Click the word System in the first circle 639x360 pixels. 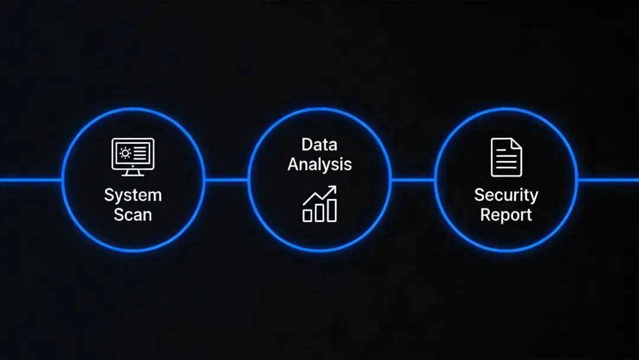(x=133, y=195)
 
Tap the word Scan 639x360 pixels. (x=133, y=214)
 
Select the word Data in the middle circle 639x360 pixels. (x=319, y=144)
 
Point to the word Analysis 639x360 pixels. (x=319, y=164)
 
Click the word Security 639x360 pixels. (x=506, y=195)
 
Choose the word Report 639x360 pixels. (x=506, y=214)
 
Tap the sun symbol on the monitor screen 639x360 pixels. (x=125, y=153)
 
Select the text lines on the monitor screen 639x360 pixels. (x=140, y=153)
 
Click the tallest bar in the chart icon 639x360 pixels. (x=332, y=210)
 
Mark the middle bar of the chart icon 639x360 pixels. (x=319, y=213)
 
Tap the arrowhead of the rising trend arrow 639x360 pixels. (x=333, y=189)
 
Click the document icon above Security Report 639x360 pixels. (x=506, y=157)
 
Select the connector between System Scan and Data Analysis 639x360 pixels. (x=226, y=179)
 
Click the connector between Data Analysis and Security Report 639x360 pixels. (x=412, y=179)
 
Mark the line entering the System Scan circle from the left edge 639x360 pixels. (x=30, y=179)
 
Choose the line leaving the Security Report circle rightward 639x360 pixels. (x=608, y=179)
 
